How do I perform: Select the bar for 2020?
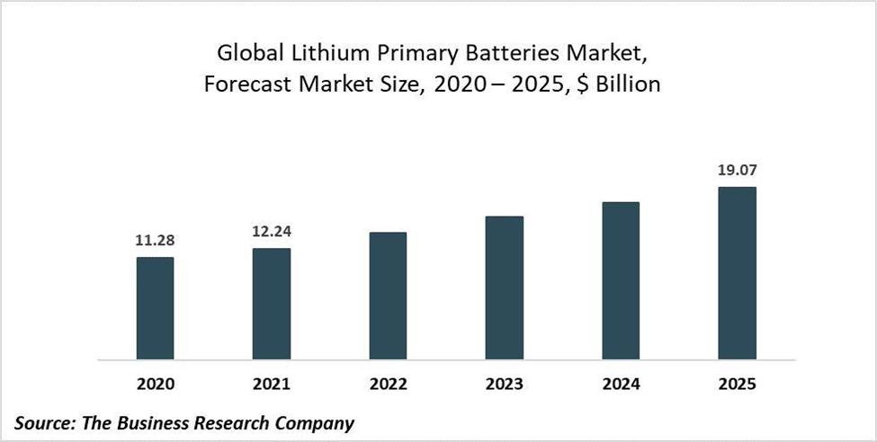click(155, 308)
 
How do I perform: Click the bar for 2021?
click(272, 304)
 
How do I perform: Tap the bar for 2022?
click(388, 296)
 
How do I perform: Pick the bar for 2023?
click(505, 287)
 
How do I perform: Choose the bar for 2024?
click(621, 280)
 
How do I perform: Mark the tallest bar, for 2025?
click(738, 273)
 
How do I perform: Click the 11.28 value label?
click(155, 240)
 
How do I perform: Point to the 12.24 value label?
click(272, 231)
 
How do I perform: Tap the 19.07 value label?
click(738, 169)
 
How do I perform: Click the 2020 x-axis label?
click(155, 385)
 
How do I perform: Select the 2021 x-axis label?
click(272, 385)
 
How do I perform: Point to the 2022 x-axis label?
click(388, 385)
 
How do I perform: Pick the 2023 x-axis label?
click(505, 385)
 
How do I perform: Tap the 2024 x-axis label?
click(621, 385)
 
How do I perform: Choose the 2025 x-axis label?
click(738, 385)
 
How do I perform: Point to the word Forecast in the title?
click(242, 85)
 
